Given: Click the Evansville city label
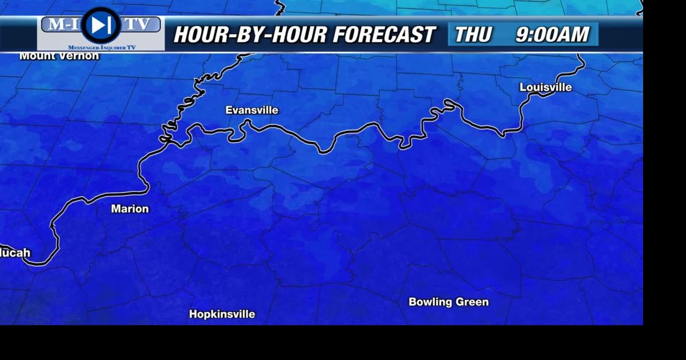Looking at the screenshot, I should click(251, 110).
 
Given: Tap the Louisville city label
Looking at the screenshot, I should click(546, 87).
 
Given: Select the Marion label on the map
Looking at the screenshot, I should click(130, 209).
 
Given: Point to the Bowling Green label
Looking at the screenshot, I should click(449, 302).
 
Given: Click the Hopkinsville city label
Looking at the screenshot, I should click(222, 314).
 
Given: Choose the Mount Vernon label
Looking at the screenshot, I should click(59, 56).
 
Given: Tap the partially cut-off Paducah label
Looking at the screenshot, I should click(15, 253).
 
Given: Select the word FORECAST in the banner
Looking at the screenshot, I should click(384, 35).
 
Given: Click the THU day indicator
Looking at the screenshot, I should click(473, 35).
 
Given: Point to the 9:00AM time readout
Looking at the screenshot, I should click(552, 35).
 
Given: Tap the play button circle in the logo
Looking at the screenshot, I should click(101, 25).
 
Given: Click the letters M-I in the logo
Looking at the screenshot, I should click(61, 25).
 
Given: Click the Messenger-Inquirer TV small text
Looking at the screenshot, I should click(101, 48).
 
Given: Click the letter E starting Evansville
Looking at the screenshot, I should click(229, 110).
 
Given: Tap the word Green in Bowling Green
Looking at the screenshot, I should click(473, 302).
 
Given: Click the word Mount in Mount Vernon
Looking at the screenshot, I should click(38, 56).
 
